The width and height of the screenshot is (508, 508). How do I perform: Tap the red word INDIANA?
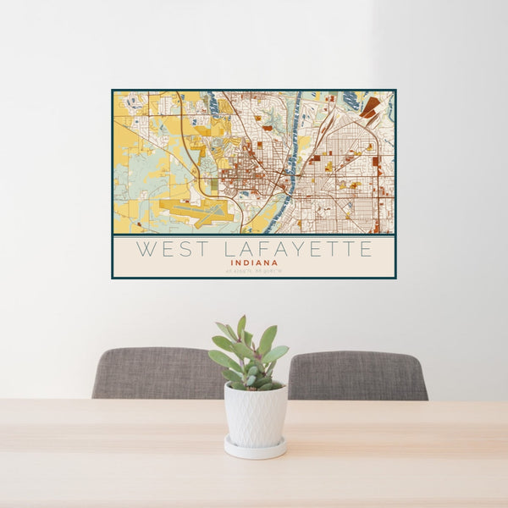tap(254, 262)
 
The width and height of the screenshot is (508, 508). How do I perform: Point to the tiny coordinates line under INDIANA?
tap(254, 270)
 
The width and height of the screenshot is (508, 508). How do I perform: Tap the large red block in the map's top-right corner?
tap(370, 108)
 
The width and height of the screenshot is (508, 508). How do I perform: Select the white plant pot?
tap(255, 415)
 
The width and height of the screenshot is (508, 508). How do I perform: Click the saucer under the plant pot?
tap(255, 449)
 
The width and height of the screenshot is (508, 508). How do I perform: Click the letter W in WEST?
tap(145, 250)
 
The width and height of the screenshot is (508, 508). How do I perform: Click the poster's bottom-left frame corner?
tap(113, 277)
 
